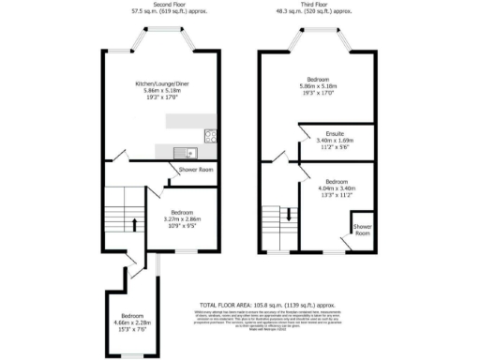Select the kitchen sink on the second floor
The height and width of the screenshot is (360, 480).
[x=190, y=151]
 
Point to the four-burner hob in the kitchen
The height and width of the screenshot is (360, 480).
[x=209, y=136]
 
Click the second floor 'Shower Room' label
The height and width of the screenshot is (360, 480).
[x=194, y=170]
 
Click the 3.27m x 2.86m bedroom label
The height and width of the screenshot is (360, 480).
[x=184, y=218]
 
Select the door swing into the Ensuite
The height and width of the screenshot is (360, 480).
[x=305, y=135]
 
